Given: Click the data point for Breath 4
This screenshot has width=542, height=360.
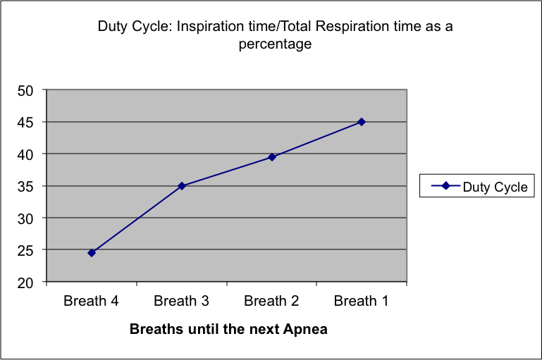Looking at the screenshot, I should [92, 252].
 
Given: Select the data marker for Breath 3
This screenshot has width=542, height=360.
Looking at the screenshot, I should [182, 186].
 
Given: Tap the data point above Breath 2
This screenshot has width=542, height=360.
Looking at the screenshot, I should [272, 157].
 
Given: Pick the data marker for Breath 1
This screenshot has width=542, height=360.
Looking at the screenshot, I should [362, 122].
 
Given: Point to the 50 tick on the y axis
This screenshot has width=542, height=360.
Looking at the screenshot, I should [27, 90].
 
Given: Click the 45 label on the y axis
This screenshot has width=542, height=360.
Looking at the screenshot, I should [27, 122].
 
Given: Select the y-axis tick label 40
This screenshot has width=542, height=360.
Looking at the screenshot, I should [27, 154].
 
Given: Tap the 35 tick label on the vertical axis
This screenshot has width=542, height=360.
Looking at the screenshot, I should [27, 186].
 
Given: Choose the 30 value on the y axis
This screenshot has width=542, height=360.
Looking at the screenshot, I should [27, 218].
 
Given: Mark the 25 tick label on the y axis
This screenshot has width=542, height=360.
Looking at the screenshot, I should [27, 250].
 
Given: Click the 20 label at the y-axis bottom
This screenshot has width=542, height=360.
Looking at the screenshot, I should [27, 282].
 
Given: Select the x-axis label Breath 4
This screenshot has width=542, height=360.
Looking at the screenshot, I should [92, 302].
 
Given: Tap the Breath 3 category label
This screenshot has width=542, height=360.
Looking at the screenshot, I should [182, 302].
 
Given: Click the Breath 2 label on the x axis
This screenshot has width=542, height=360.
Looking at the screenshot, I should [272, 302].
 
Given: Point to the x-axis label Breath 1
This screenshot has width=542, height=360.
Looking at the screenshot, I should [362, 302].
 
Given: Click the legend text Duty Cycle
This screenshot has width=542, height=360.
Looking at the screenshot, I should [495, 187].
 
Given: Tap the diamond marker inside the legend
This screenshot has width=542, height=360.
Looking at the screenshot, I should [445, 186].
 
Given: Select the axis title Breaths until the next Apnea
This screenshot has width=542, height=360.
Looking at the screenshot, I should [229, 328].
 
